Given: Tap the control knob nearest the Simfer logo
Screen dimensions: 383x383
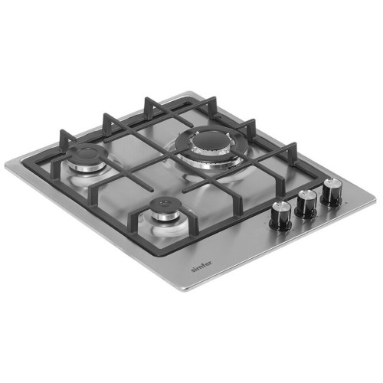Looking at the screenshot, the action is (281, 215).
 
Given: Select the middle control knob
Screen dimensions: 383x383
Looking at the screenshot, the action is (306, 204).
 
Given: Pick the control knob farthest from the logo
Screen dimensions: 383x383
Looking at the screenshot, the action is (332, 192).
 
